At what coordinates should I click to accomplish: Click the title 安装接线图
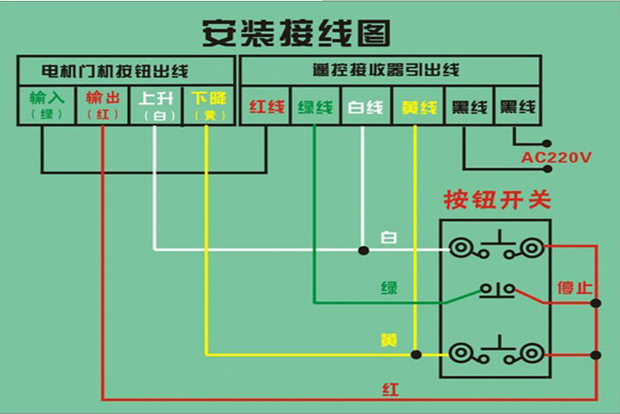pyautogui.click(x=297, y=33)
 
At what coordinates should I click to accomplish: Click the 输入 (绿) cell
pyautogui.click(x=46, y=105)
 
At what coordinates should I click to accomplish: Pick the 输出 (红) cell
pyautogui.click(x=103, y=105)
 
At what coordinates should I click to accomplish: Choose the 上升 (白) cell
pyautogui.click(x=155, y=105)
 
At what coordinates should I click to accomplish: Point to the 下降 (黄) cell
pyautogui.click(x=208, y=105)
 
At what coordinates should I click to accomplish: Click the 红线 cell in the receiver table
pyautogui.click(x=267, y=107)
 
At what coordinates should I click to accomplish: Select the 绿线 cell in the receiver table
pyautogui.click(x=315, y=107)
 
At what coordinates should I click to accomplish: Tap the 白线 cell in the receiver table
pyautogui.click(x=365, y=107)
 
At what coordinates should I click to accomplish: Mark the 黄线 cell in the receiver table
pyautogui.click(x=417, y=107)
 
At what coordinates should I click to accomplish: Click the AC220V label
pyautogui.click(x=556, y=156)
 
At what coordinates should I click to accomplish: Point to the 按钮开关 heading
pyautogui.click(x=497, y=200)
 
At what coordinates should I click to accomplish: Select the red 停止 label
pyautogui.click(x=574, y=288)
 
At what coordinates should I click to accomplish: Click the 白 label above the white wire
pyautogui.click(x=388, y=238)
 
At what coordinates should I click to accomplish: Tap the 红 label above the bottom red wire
pyautogui.click(x=390, y=388)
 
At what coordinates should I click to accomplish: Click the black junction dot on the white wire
pyautogui.click(x=362, y=249)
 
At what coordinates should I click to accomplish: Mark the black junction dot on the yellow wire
pyautogui.click(x=416, y=354)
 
